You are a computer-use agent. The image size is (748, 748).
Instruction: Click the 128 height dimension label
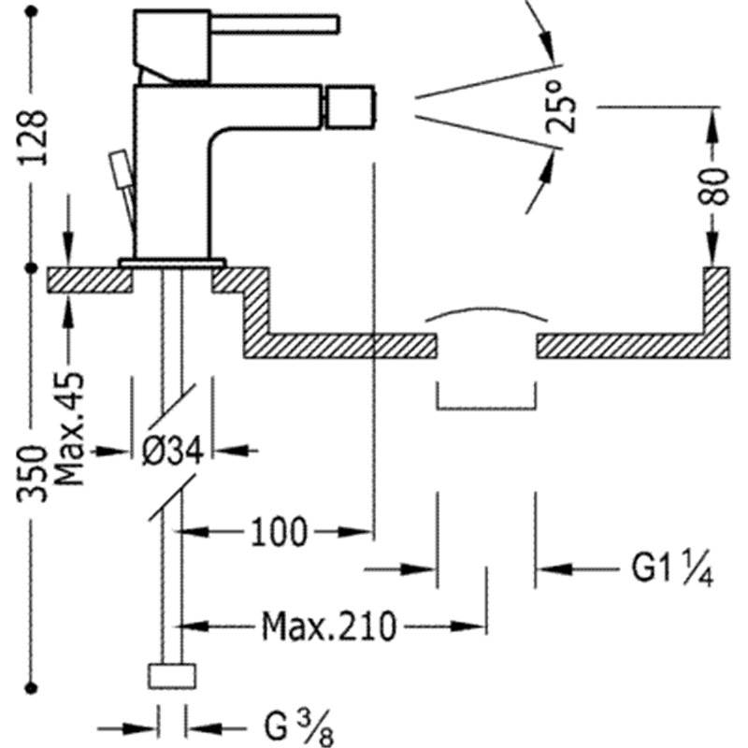tap(34, 137)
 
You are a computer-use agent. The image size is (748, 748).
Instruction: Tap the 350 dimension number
tap(33, 474)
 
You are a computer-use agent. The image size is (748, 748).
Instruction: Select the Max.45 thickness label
tap(69, 429)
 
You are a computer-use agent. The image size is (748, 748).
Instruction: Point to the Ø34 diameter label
tap(173, 451)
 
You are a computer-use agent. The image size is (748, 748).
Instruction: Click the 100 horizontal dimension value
tap(279, 532)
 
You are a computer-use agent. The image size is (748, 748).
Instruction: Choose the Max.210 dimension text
tap(329, 626)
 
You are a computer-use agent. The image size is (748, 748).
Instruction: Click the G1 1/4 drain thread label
tap(672, 568)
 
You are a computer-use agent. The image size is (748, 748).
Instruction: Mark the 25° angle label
tap(560, 107)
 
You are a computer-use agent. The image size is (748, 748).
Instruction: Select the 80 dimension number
tap(712, 186)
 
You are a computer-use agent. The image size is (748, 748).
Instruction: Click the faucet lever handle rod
tap(275, 25)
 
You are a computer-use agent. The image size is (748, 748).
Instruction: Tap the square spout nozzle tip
tap(349, 108)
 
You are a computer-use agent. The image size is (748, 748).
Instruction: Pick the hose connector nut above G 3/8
tap(172, 676)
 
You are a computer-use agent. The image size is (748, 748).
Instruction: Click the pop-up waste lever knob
tap(120, 169)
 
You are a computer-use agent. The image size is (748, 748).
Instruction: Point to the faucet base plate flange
tap(172, 263)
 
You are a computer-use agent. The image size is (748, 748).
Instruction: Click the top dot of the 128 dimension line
tap(32, 12)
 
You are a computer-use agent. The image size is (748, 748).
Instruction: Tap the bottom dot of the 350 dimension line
tap(32, 688)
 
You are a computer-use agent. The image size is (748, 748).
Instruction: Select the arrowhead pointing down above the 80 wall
tap(712, 249)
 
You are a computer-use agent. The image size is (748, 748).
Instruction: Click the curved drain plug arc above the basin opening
tap(486, 312)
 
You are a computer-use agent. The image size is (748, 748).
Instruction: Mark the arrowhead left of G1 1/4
tap(554, 568)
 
